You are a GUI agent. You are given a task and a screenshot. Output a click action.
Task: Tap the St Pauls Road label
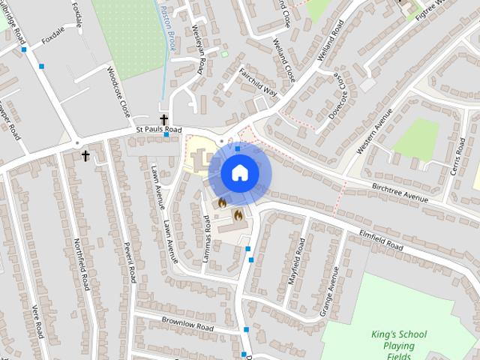click(159, 130)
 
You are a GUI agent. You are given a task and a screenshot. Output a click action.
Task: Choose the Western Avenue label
click(375, 130)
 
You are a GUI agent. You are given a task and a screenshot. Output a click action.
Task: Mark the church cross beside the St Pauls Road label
click(163, 119)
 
